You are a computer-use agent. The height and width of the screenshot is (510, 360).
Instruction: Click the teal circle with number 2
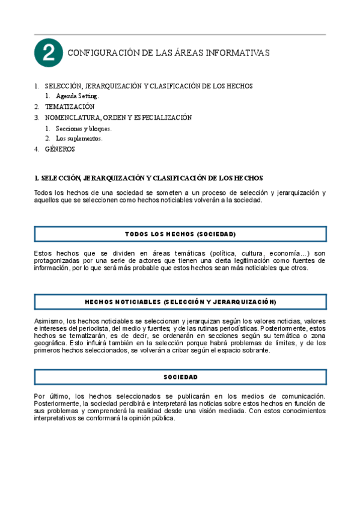tap(49, 54)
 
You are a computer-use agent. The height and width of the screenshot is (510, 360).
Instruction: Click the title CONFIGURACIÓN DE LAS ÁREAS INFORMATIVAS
tap(169, 54)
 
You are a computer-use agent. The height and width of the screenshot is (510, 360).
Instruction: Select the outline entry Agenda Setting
tap(78, 96)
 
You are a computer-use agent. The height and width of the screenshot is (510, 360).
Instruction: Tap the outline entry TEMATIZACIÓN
tap(70, 106)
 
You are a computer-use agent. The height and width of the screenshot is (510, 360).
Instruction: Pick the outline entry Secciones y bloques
tap(84, 128)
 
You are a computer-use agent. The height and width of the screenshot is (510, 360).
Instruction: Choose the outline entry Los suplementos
tap(79, 138)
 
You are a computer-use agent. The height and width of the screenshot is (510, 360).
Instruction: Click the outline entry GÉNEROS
tap(60, 149)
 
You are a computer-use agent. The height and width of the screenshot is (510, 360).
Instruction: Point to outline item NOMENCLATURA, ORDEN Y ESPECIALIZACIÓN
tap(118, 117)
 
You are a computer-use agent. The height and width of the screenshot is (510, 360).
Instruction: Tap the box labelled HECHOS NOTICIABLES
tap(180, 301)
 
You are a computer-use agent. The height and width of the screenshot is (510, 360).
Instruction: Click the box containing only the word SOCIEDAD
tap(180, 376)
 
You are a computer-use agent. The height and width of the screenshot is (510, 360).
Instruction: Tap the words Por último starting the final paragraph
tap(51, 396)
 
